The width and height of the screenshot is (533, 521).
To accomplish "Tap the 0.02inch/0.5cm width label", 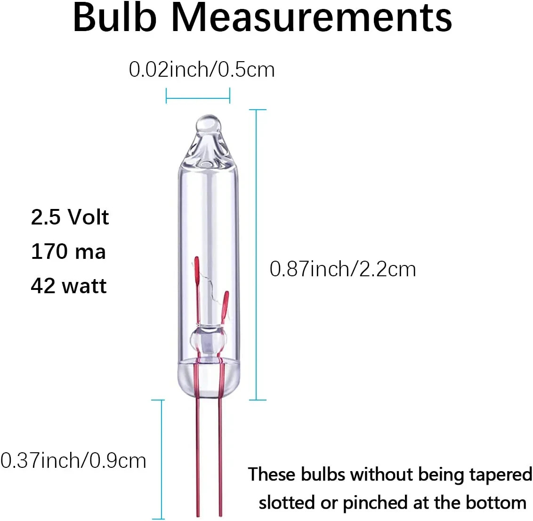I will (x=202, y=70).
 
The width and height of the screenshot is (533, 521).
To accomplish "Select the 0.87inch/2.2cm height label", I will (x=343, y=269).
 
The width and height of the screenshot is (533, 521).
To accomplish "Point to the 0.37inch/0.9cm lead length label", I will (x=73, y=460).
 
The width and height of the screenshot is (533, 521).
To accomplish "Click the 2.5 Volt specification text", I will (x=70, y=217).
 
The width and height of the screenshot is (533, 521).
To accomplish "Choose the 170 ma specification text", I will (x=68, y=251).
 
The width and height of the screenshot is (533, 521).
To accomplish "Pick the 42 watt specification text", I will (x=69, y=286).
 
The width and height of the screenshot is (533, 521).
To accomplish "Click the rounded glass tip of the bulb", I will (x=208, y=124).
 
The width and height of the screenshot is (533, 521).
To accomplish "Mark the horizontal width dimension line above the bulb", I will (x=198, y=99).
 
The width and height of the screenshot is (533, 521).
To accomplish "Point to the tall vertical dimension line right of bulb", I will (x=257, y=254).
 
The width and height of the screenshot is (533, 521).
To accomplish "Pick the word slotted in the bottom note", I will (x=287, y=503).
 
